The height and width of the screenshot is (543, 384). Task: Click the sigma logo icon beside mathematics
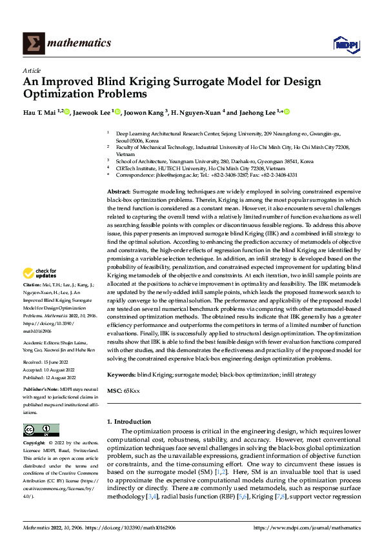coord(33,43)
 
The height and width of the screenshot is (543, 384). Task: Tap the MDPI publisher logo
coord(345,43)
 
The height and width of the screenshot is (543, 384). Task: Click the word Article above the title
coord(32,70)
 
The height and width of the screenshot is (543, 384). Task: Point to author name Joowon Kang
coord(143,112)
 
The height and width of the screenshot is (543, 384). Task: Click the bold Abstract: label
coord(119,193)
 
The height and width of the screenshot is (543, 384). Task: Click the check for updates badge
coord(37,291)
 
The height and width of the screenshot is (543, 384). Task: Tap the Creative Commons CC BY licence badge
coord(41,430)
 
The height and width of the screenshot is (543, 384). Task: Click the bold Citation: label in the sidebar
coord(33,302)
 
